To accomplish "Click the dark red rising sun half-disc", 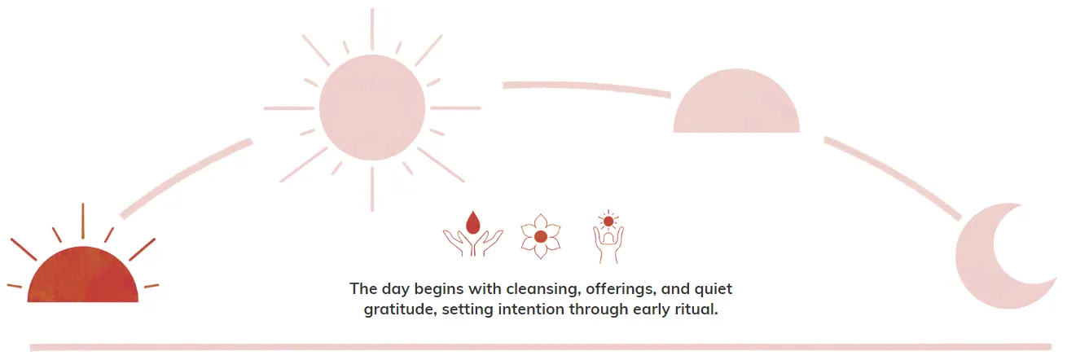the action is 83,275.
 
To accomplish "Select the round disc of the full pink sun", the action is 372,108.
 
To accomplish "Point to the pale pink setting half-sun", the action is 736,103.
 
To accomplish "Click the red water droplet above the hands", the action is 472,222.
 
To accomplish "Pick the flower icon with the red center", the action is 541,236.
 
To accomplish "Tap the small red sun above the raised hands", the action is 608,221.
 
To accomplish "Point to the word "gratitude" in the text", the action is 398,310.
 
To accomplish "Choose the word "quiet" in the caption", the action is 714,289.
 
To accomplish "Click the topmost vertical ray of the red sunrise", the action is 83,221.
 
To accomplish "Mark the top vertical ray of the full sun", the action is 372,29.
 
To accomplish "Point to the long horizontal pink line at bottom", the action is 540,347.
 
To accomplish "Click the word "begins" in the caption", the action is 432,289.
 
